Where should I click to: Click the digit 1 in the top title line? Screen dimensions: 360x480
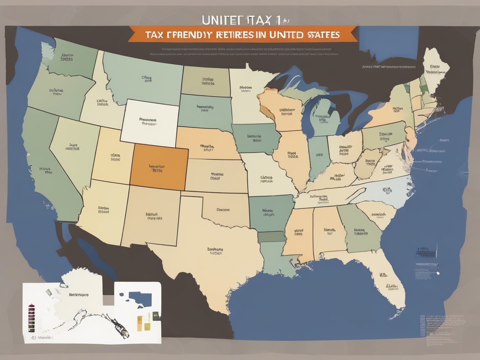(x=280, y=20)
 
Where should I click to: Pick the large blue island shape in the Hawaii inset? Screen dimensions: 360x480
(x=140, y=299)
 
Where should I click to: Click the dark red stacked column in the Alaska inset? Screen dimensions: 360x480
(x=32, y=315)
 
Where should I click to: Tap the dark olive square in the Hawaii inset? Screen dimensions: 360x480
(x=156, y=316)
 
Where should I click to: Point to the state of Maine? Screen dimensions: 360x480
(x=436, y=68)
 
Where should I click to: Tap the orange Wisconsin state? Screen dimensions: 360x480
(x=281, y=110)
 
